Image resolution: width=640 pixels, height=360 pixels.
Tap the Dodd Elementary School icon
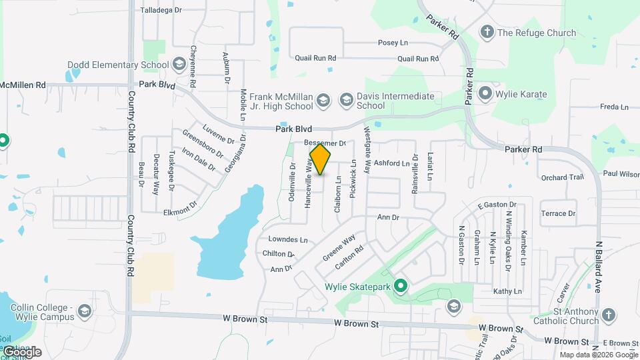(179, 65)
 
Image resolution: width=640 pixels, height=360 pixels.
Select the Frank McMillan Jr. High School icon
(323, 101)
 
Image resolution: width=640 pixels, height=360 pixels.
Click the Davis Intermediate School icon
(346, 101)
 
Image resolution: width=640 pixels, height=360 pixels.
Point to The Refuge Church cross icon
(487, 32)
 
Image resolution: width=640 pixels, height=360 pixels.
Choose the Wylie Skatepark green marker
(400, 287)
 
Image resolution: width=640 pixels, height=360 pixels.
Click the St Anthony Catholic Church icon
(608, 315)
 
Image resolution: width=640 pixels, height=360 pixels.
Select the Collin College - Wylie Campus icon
(85, 311)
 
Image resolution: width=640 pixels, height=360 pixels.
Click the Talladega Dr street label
(161, 11)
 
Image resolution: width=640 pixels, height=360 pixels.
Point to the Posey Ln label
(393, 43)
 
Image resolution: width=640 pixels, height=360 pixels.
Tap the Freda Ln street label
(614, 107)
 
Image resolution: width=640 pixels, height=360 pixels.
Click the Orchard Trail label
(562, 177)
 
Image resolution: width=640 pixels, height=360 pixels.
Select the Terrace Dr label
(558, 213)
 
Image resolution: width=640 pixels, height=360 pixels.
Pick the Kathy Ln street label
(507, 291)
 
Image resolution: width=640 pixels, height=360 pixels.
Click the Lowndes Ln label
(288, 239)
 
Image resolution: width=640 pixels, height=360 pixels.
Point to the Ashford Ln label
(391, 163)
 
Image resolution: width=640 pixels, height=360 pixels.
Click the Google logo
(22, 352)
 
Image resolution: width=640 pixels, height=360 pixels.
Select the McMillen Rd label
(23, 85)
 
